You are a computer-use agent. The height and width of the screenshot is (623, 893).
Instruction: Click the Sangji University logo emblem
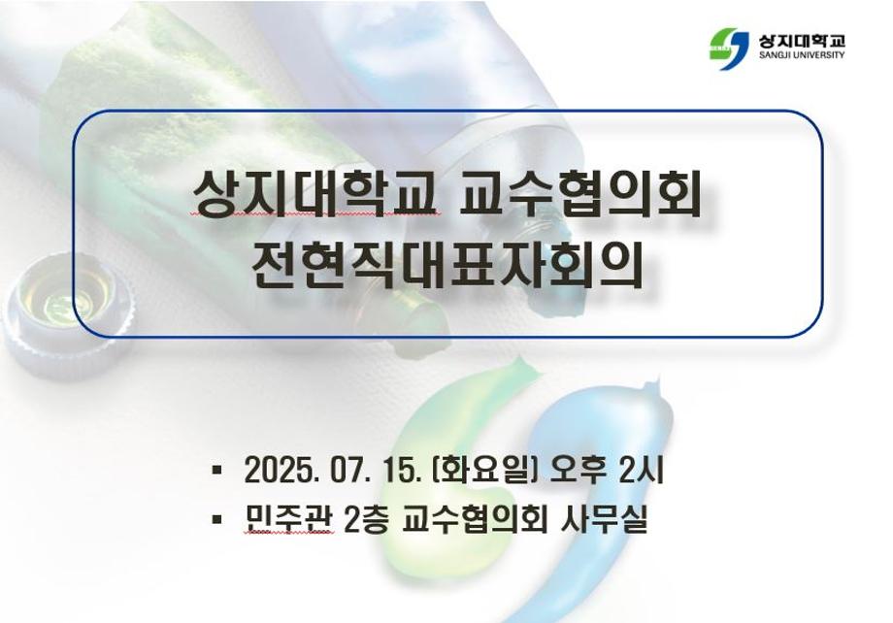click(x=731, y=45)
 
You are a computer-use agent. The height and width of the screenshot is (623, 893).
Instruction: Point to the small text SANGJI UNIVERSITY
click(x=802, y=56)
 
